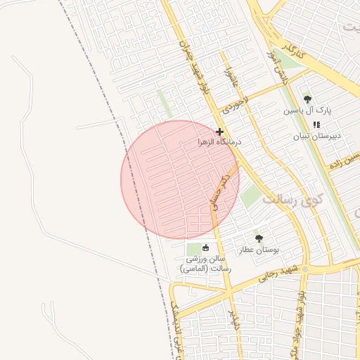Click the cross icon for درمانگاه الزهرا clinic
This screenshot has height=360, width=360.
(220, 131)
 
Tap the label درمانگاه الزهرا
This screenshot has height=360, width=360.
(220, 142)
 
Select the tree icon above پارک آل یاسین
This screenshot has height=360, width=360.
(307, 100)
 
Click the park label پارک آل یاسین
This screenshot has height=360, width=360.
(307, 111)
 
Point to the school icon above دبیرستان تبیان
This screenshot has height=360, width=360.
(316, 124)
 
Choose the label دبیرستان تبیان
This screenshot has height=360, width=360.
(316, 135)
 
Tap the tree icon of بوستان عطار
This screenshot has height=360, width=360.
(259, 238)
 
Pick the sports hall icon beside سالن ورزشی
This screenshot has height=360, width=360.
(206, 247)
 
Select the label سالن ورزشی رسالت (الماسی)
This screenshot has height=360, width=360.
(205, 264)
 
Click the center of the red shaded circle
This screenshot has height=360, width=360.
(180, 179)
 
